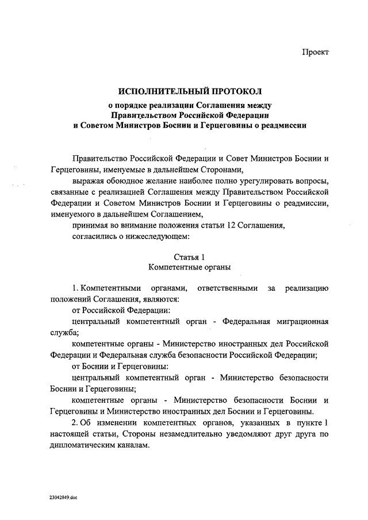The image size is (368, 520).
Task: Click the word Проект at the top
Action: coord(316,52)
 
